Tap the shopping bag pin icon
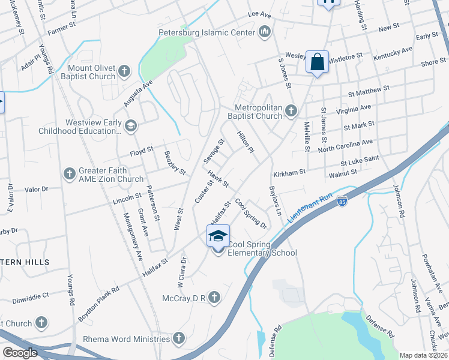(317, 62)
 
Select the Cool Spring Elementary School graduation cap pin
(218, 236)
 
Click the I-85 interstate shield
(342, 201)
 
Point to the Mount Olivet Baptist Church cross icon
(124, 72)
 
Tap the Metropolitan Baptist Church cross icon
(291, 110)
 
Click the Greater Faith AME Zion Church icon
(70, 174)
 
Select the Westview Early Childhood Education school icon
(131, 126)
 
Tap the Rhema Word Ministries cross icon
(178, 338)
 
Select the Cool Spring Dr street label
(251, 214)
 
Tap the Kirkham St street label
(289, 172)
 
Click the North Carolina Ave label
(345, 146)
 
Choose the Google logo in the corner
(20, 353)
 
